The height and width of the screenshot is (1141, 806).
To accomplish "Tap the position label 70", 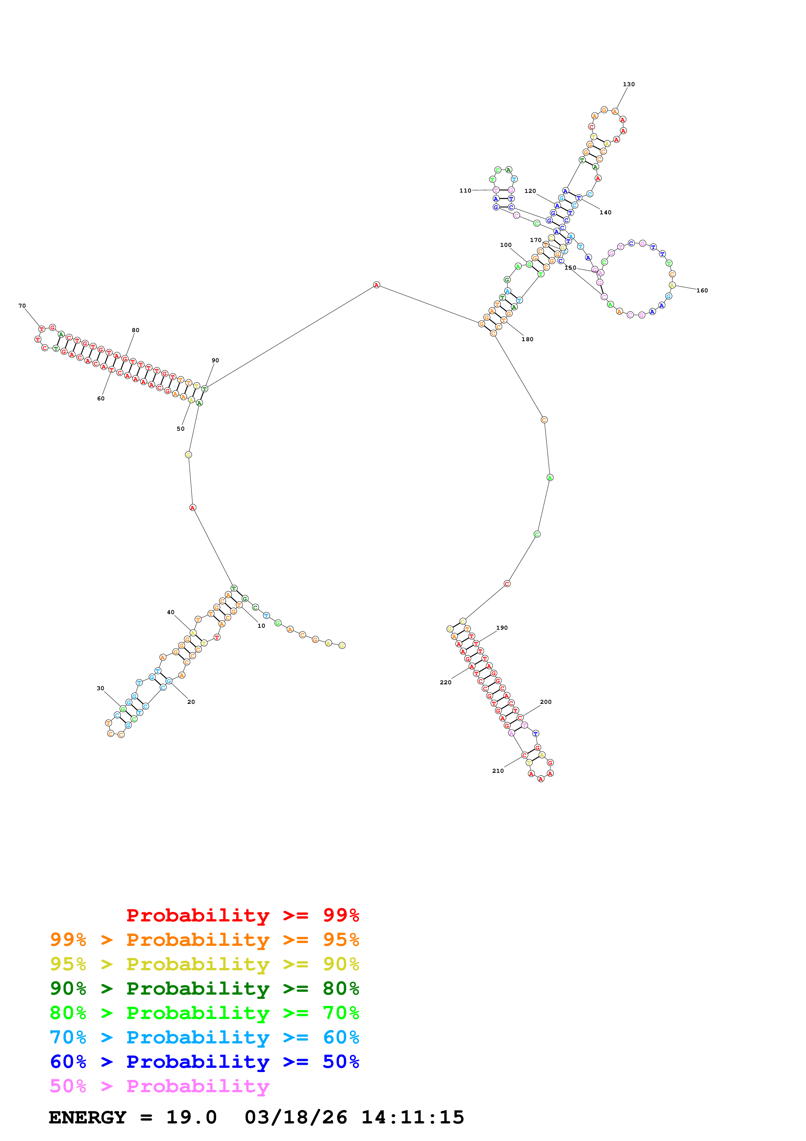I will [22, 306].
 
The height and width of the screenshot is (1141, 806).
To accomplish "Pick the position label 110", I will [465, 191].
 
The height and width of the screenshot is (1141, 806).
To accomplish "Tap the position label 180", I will [527, 340].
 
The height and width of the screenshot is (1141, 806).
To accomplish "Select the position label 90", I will [215, 360].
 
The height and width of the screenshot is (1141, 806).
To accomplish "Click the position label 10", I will [261, 626].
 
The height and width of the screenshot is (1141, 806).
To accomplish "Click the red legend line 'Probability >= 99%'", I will [242, 915].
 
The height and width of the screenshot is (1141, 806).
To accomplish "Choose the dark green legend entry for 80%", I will [204, 988].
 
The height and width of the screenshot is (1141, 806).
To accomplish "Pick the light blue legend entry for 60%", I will [204, 1037].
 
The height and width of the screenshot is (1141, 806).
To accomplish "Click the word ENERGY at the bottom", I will [87, 1117].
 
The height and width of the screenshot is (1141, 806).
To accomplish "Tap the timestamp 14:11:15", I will [412, 1117].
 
